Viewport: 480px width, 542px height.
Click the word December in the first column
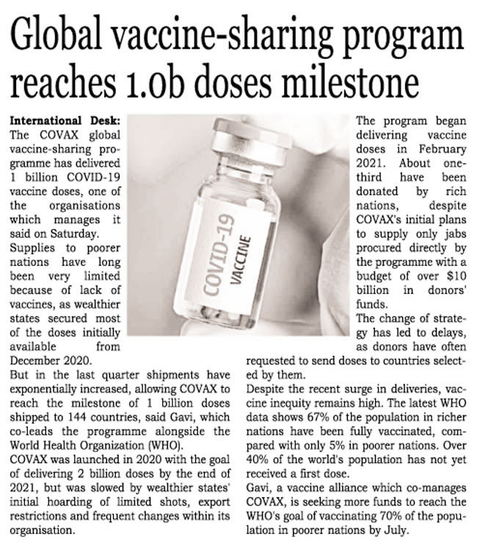pyautogui.click(x=41, y=360)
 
